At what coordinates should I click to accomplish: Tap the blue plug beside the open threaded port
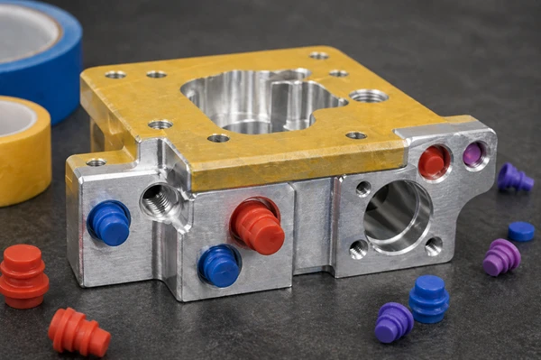tap(108, 223)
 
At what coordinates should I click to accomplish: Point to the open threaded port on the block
tap(160, 198)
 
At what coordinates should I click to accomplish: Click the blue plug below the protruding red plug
tap(219, 265)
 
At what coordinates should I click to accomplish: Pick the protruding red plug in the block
tap(257, 225)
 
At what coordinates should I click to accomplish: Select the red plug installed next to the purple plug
tap(433, 162)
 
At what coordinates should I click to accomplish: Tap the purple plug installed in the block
tap(473, 155)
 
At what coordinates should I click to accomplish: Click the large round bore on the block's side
tap(397, 217)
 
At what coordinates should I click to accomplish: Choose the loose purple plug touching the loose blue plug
tap(393, 321)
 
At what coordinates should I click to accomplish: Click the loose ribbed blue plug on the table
tap(429, 298)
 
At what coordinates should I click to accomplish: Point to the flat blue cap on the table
tap(520, 231)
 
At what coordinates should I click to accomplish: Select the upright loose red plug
tap(23, 275)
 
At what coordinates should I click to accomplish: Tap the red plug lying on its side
tap(79, 331)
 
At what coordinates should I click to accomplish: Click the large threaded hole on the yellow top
tap(369, 95)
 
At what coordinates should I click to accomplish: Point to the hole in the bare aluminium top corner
tap(96, 162)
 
